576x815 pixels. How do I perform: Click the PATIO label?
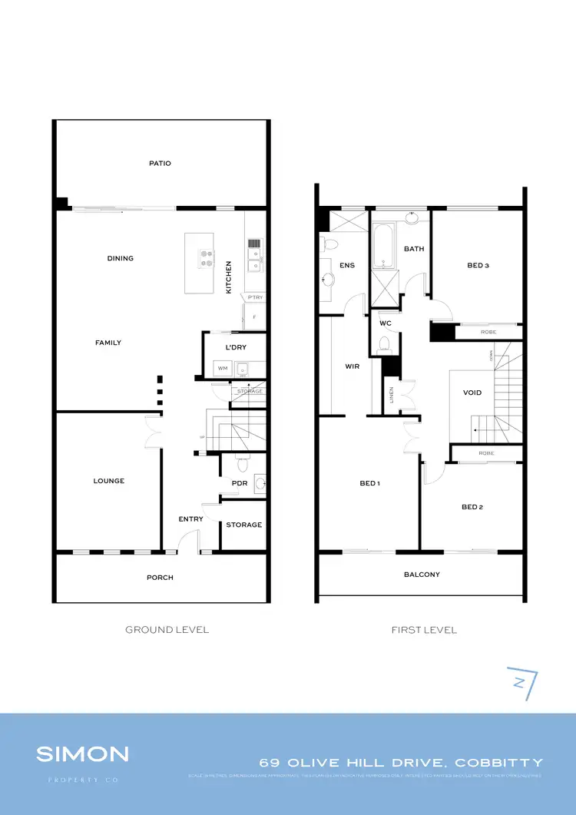(161, 163)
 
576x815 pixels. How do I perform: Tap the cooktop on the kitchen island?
(206, 259)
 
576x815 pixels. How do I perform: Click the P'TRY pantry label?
(255, 297)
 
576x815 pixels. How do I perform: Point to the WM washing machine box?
(223, 369)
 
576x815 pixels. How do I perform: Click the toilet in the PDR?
(243, 464)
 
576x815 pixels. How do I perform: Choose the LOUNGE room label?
(109, 481)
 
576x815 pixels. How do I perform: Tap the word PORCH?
(161, 578)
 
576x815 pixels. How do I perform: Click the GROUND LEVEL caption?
(167, 630)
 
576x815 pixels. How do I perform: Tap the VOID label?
(472, 393)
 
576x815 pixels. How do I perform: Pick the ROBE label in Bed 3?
(488, 332)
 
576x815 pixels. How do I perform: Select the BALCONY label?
(422, 575)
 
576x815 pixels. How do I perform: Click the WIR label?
(353, 366)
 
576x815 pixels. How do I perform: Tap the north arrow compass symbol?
(521, 682)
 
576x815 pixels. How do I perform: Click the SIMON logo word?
(82, 754)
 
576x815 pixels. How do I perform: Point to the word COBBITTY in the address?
(499, 763)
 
